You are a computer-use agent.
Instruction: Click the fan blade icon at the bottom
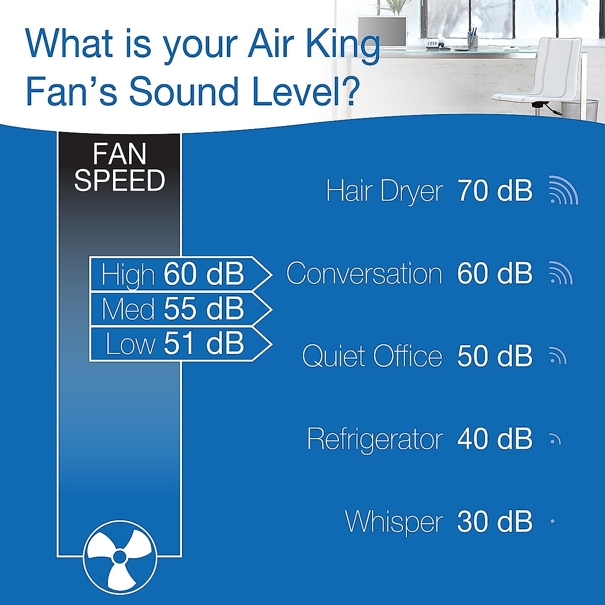[x=119, y=557]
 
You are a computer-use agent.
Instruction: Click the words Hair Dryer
[x=384, y=192]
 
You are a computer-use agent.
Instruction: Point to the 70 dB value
[x=495, y=191]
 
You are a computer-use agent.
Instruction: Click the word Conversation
[x=364, y=274]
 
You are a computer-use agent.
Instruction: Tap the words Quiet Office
[x=372, y=356]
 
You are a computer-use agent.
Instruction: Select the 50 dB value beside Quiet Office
[x=495, y=356]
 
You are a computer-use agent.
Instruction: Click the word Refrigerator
[x=375, y=439]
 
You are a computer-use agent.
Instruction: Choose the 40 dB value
[x=495, y=439]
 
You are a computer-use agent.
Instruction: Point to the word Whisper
[x=394, y=522]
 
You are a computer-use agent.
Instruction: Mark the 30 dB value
[x=495, y=522]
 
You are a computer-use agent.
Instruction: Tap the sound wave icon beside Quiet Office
[x=558, y=356]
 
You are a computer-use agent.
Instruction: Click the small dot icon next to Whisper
[x=553, y=521]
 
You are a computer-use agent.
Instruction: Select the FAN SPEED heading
[x=119, y=167]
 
